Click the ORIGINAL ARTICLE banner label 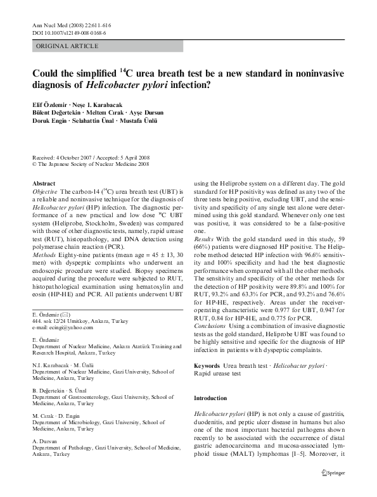[x=67, y=46]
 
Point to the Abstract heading [x=44, y=182]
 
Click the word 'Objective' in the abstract [x=45, y=191]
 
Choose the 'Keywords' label [x=207, y=366]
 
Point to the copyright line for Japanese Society [x=91, y=164]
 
